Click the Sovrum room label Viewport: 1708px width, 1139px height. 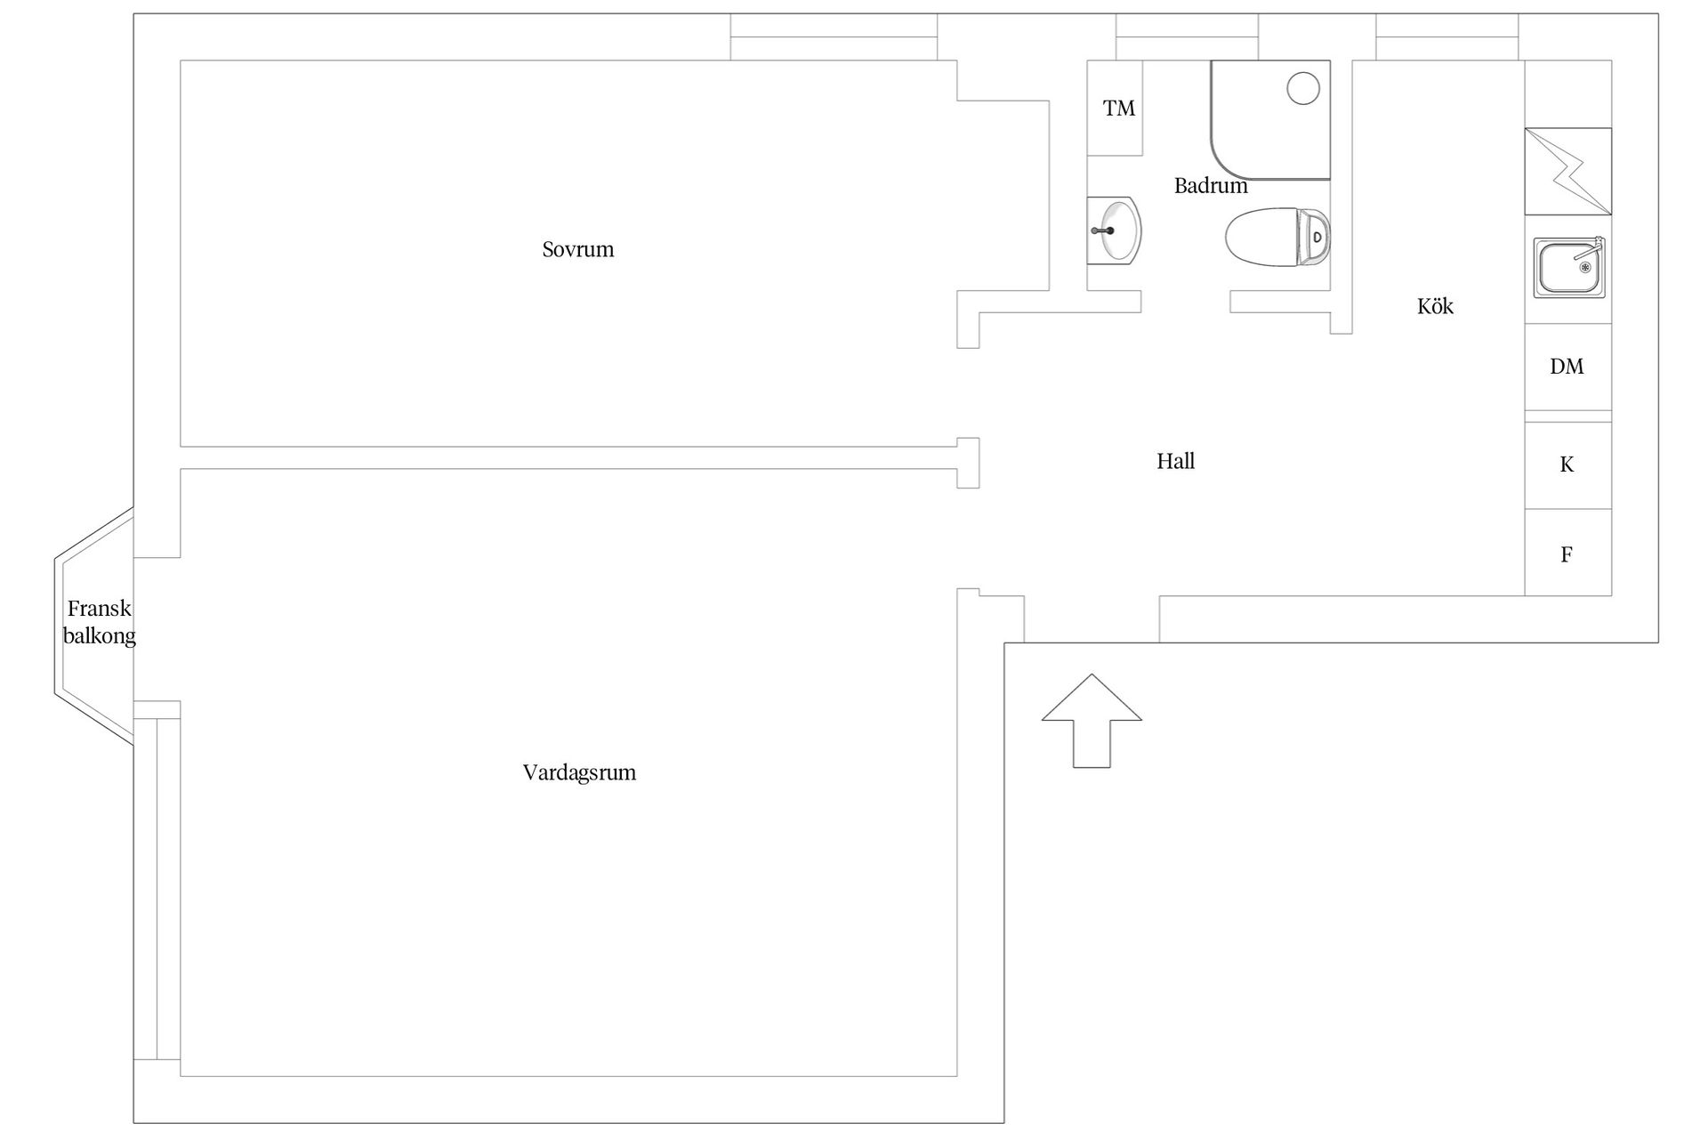point(578,249)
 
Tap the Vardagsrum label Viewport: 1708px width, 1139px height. point(579,772)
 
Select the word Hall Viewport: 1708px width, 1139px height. point(1175,461)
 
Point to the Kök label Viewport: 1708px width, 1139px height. point(1435,306)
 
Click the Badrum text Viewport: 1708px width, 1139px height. point(1211,186)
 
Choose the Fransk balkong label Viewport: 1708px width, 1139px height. point(99,622)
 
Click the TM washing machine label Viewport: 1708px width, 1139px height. point(1119,109)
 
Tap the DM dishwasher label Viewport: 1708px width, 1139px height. point(1567,366)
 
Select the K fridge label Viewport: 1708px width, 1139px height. point(1567,464)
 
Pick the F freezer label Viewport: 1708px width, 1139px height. point(1567,554)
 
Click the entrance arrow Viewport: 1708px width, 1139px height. point(1092,720)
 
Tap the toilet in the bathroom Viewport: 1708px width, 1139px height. point(1278,237)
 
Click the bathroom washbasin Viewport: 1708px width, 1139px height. point(1114,230)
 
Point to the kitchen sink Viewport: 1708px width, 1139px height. point(1569,267)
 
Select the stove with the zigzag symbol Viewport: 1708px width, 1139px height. point(1567,172)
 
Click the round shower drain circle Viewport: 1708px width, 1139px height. point(1303,88)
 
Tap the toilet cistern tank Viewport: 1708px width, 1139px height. point(1314,237)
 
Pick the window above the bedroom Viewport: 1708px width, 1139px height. point(834,36)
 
